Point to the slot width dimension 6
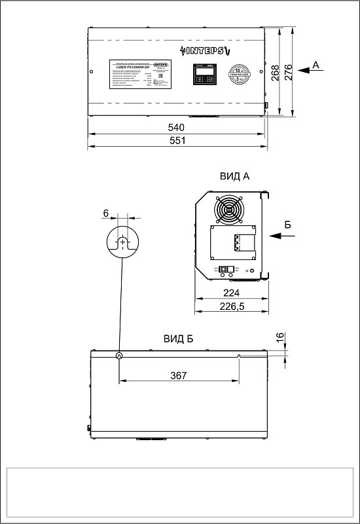click(105, 214)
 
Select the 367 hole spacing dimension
click(178, 375)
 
